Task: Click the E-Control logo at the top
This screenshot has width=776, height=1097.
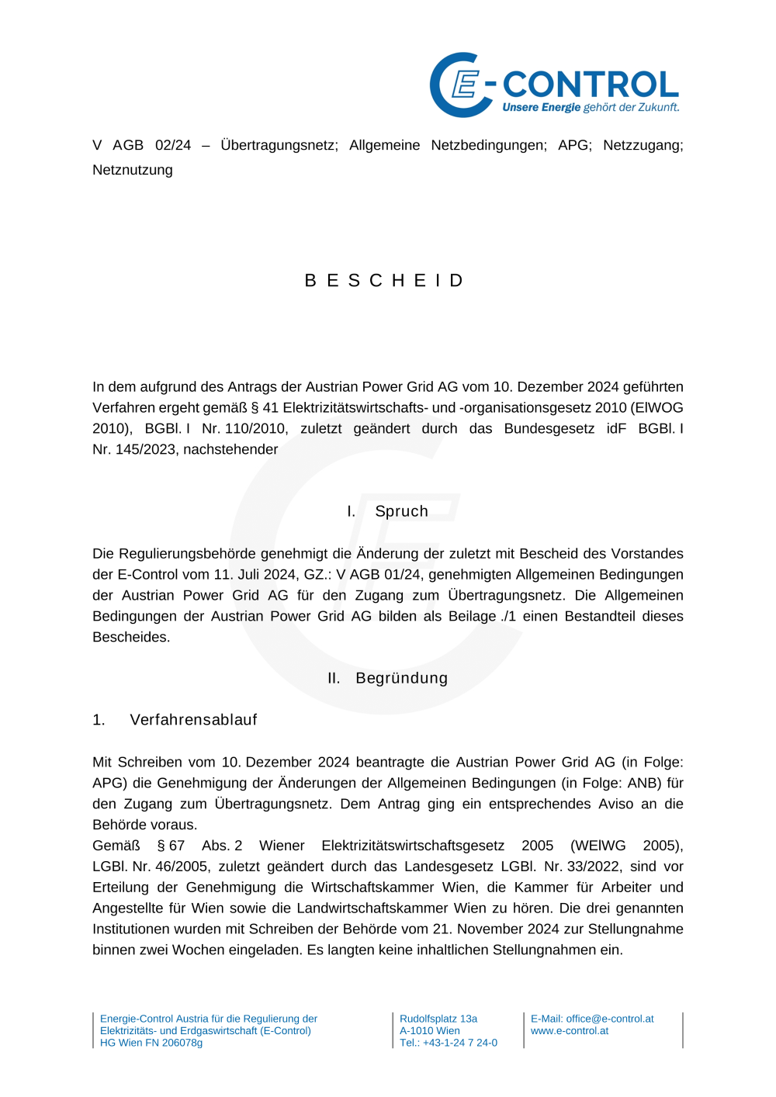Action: tap(554, 85)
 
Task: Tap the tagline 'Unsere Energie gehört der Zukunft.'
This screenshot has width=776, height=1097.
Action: tap(591, 108)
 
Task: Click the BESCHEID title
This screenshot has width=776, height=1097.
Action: tap(385, 280)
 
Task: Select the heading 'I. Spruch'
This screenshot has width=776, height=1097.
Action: tap(387, 511)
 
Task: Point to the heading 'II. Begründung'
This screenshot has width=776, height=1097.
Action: tap(387, 678)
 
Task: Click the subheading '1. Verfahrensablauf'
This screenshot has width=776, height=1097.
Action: tap(175, 720)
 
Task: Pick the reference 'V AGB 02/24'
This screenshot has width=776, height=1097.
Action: tap(141, 145)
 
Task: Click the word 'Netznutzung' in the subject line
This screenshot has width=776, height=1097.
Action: tap(133, 170)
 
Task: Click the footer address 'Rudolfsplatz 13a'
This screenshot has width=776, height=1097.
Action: tap(438, 1019)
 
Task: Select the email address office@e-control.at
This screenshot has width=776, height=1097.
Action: tap(609, 1019)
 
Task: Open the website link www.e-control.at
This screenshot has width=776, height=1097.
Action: tap(570, 1031)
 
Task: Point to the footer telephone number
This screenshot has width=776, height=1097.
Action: tap(449, 1043)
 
